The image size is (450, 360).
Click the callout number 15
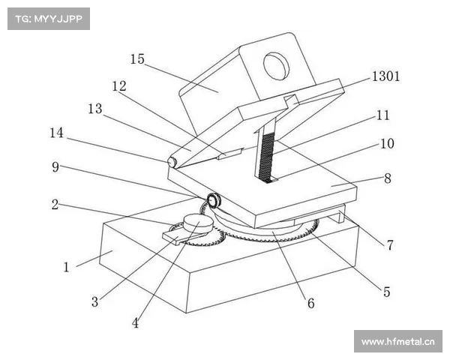[x=137, y=59]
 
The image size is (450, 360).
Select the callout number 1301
[x=385, y=76]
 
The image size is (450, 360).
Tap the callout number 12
[x=119, y=86]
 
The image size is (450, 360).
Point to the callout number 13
[x=95, y=109]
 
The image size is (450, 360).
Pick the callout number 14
[x=56, y=133]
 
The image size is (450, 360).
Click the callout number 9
[x=55, y=166]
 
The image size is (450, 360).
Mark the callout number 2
[x=55, y=205]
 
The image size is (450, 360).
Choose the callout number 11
[x=382, y=115]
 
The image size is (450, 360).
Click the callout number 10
[x=387, y=143]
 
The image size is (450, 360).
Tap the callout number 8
[x=388, y=178]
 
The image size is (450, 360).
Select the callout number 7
[x=389, y=245]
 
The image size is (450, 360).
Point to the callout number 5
[x=386, y=292]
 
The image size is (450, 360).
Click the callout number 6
[x=311, y=303]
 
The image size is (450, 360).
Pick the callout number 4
[x=135, y=323]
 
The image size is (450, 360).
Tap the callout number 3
[x=94, y=301]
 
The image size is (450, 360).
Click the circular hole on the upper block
[x=276, y=66]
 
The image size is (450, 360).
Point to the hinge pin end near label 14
[x=172, y=162]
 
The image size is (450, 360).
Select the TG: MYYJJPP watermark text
[x=49, y=19]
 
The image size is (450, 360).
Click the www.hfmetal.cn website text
[x=398, y=342]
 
